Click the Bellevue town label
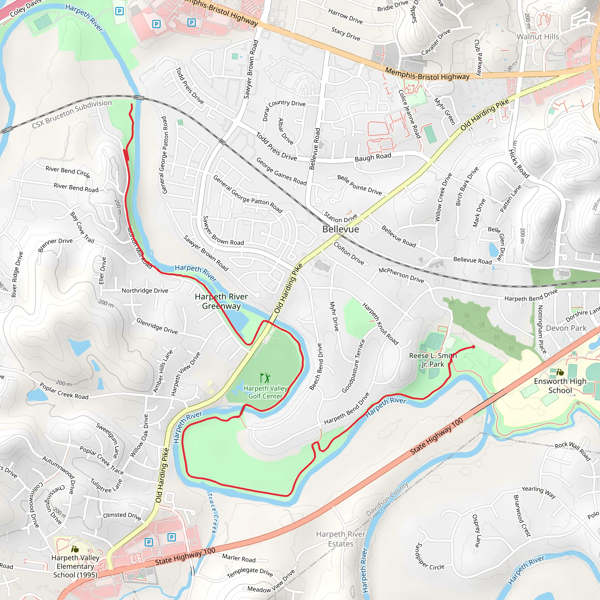click(x=340, y=229)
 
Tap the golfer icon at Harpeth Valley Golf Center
click(x=265, y=378)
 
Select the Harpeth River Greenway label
click(x=221, y=301)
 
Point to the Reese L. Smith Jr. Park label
click(x=433, y=360)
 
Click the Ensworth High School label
click(x=560, y=386)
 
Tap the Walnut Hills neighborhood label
click(x=538, y=37)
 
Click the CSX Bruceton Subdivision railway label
click(x=72, y=114)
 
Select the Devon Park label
click(x=566, y=328)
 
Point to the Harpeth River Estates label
click(x=340, y=539)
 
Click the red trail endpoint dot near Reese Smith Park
click(x=473, y=347)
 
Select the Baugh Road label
click(x=373, y=157)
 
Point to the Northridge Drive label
click(x=145, y=291)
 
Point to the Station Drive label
click(x=340, y=217)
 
